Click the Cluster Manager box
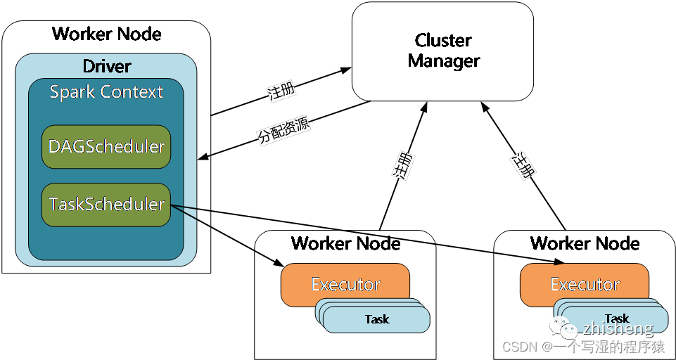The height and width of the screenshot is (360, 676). pos(442,51)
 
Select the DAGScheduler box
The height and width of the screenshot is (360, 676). pos(106,147)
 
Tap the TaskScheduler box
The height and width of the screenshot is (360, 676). pos(106,205)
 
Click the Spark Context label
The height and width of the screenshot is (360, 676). pos(106,92)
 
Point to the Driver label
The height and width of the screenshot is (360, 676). pos(107,67)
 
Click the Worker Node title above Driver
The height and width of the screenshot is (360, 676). pos(107,34)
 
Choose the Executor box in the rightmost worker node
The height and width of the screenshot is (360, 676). pos(585,285)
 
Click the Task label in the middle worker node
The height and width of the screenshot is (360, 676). pos(377,319)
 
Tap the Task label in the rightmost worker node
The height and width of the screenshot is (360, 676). pos(616,319)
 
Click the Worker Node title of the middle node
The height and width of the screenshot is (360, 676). pos(345,244)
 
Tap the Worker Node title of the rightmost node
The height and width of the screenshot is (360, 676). pos(585,244)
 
